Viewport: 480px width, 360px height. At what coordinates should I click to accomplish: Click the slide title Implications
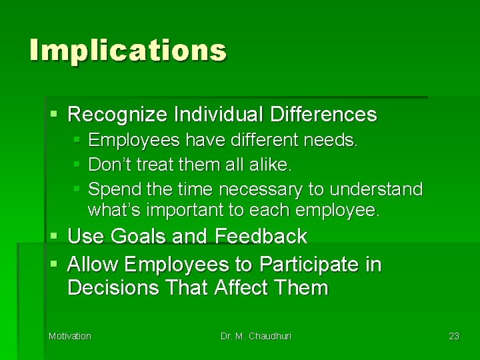click(128, 51)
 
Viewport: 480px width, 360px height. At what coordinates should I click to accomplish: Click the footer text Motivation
click(70, 336)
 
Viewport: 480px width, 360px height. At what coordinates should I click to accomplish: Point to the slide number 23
click(454, 336)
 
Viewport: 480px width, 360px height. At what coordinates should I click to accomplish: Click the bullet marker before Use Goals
click(54, 237)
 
